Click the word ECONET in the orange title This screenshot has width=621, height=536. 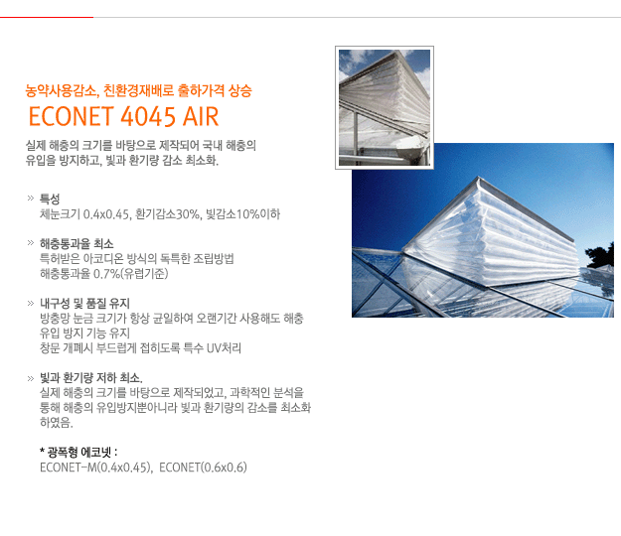click(x=71, y=116)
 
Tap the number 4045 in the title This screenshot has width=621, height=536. click(x=148, y=116)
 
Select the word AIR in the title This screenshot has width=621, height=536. click(x=201, y=116)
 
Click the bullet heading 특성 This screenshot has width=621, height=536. click(x=50, y=199)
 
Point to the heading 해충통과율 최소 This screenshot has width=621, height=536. click(x=77, y=243)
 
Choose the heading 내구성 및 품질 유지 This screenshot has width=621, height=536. click(x=84, y=304)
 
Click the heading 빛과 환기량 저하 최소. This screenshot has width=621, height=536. click(x=91, y=378)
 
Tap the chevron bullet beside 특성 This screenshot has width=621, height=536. click(x=31, y=199)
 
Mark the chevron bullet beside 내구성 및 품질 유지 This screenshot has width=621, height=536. click(x=31, y=304)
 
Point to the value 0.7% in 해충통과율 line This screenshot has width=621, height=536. click(x=106, y=274)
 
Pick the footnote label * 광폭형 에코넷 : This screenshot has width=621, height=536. click(x=78, y=453)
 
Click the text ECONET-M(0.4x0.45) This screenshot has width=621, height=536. click(x=95, y=468)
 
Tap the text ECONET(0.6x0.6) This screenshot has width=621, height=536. click(x=203, y=468)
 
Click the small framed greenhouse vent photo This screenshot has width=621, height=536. click(x=385, y=107)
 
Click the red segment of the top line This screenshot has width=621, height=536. click(x=47, y=18)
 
